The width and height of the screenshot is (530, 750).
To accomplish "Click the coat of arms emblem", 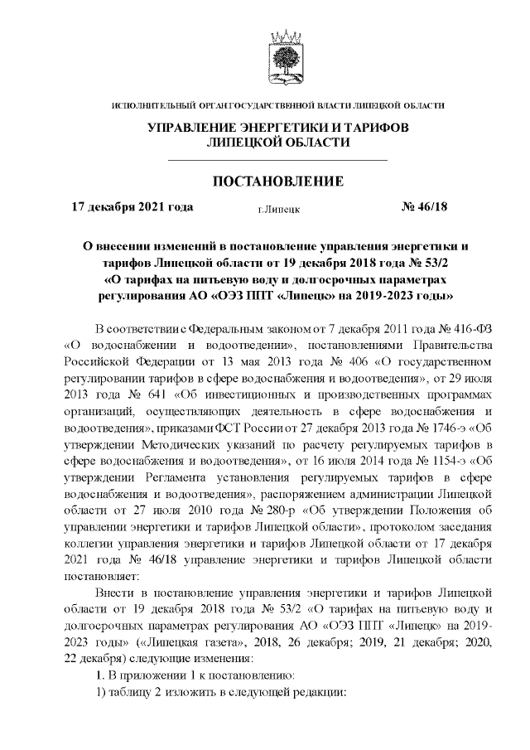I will click(279, 56).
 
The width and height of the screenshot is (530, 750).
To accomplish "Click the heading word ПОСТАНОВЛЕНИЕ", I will click(279, 181).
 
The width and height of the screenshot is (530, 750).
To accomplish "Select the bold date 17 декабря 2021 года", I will click(132, 207).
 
